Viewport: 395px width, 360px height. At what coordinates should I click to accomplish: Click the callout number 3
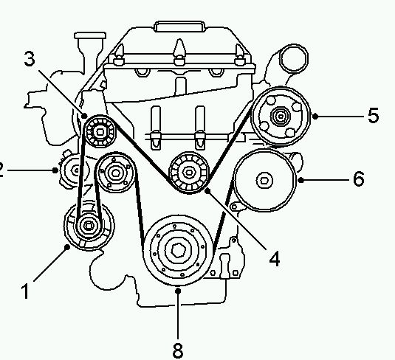pyautogui.click(x=30, y=59)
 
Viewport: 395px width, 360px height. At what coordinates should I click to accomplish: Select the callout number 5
pyautogui.click(x=373, y=116)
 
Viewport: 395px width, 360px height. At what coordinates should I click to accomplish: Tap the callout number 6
pyautogui.click(x=359, y=179)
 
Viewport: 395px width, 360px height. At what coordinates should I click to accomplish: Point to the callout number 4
pyautogui.click(x=275, y=258)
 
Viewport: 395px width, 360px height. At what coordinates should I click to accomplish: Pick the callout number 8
pyautogui.click(x=178, y=350)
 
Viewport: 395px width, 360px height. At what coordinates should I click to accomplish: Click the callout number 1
pyautogui.click(x=25, y=291)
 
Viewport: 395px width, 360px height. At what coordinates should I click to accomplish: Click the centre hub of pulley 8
pyautogui.click(x=179, y=251)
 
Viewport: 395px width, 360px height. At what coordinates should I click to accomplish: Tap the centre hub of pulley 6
pyautogui.click(x=264, y=181)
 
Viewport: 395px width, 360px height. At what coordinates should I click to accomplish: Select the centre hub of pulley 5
pyautogui.click(x=281, y=116)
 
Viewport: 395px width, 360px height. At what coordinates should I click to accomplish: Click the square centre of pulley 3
pyautogui.click(x=100, y=132)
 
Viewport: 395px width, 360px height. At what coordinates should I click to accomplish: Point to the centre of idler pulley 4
pyautogui.click(x=188, y=173)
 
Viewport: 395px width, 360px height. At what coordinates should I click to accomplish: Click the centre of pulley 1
pyautogui.click(x=88, y=226)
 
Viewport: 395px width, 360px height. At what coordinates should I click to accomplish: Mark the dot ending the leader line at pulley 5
pyautogui.click(x=315, y=116)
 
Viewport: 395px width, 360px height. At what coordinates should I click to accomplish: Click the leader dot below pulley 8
pyautogui.click(x=178, y=291)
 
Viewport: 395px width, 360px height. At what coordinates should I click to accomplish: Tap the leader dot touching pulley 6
pyautogui.click(x=300, y=180)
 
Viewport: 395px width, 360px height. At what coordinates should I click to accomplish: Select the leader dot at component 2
pyautogui.click(x=55, y=170)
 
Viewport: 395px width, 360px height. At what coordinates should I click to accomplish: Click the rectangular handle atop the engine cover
pyautogui.click(x=180, y=27)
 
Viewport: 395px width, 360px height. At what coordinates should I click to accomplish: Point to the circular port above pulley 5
pyautogui.click(x=294, y=59)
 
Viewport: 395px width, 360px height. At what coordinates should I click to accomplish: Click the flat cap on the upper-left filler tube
pyautogui.click(x=90, y=35)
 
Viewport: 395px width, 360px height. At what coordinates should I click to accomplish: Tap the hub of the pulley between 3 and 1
pyautogui.click(x=115, y=173)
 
